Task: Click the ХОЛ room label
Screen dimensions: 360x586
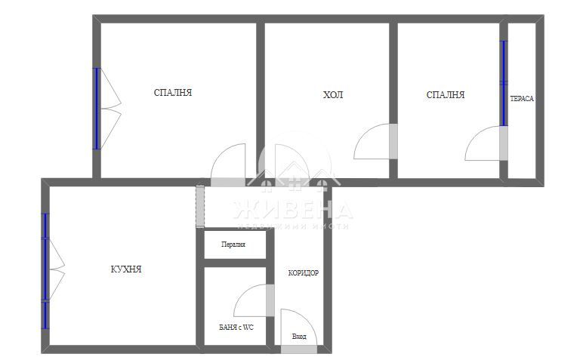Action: tap(332, 95)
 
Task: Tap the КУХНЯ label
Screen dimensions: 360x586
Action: tap(126, 269)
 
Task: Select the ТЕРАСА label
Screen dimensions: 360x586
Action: tap(522, 99)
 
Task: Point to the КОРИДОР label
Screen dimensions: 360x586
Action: tap(303, 273)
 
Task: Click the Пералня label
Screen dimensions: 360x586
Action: tap(233, 245)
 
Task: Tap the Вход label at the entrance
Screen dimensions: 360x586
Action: tap(299, 337)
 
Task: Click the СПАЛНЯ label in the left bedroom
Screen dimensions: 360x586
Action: tap(173, 93)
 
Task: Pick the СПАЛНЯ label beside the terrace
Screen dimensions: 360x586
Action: tap(446, 95)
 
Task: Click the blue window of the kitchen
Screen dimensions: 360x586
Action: tap(45, 270)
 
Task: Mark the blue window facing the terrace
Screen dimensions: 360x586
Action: tap(504, 83)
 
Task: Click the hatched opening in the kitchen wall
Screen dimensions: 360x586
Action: tap(199, 206)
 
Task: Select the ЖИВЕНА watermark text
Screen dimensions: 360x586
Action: tap(293, 209)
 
